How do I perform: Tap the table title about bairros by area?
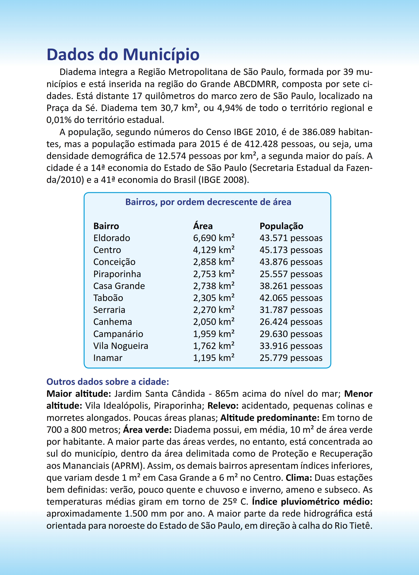[x=208, y=202]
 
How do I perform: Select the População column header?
[x=281, y=226]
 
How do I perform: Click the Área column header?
[x=203, y=226]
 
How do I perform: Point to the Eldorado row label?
[x=111, y=238]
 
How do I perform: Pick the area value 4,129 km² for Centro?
[x=214, y=250]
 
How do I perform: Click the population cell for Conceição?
[x=291, y=262]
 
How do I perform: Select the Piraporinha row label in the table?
[x=117, y=274]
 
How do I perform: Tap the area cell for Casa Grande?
[x=214, y=286]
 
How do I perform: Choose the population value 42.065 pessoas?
[x=291, y=298]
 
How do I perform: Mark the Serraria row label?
[x=109, y=310]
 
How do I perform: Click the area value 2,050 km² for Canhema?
[x=214, y=322]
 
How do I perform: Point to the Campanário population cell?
[x=291, y=334]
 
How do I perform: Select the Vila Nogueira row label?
[x=121, y=346]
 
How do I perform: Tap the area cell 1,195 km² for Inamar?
[x=214, y=358]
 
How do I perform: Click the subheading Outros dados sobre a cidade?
[x=108, y=382]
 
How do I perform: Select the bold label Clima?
[x=299, y=478]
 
